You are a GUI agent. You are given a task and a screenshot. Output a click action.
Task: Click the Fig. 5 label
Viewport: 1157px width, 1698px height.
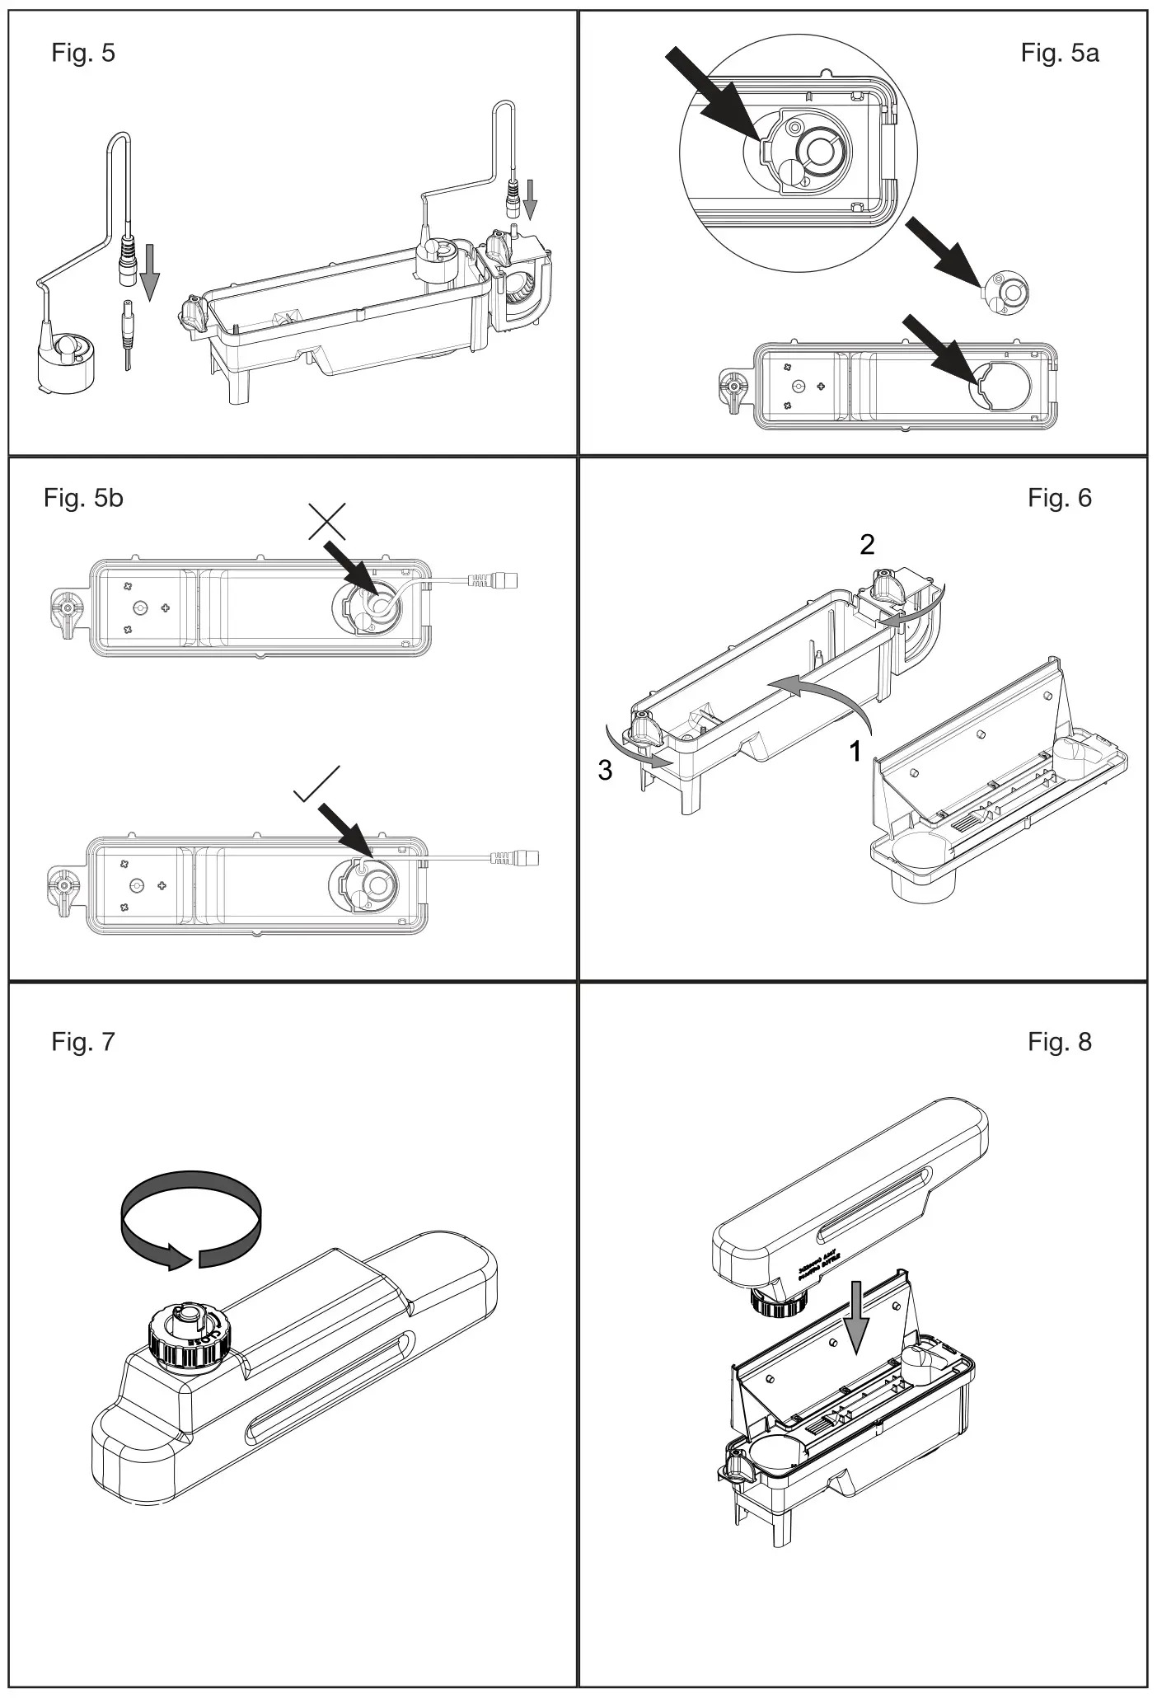[83, 53]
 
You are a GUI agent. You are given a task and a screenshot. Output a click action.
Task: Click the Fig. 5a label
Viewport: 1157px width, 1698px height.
[1059, 53]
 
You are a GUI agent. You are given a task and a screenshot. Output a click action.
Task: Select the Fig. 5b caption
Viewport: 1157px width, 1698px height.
[83, 498]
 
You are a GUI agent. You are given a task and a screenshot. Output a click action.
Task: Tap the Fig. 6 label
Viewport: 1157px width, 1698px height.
[1059, 498]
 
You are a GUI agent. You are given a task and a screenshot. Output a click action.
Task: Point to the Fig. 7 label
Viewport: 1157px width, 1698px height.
[83, 1042]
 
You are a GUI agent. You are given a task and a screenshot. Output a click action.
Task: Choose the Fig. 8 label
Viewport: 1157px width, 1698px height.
[1059, 1042]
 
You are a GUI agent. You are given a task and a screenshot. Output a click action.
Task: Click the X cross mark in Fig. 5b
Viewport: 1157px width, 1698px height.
[326, 521]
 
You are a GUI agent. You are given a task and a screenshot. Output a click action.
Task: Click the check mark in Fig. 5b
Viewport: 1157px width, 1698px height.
[316, 784]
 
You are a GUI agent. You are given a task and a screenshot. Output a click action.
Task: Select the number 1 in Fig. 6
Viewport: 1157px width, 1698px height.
[856, 751]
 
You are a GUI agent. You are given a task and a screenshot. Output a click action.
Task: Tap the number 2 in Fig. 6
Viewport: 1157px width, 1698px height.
[867, 544]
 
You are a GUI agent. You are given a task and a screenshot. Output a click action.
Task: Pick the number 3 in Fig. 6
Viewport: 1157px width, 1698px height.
[605, 771]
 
